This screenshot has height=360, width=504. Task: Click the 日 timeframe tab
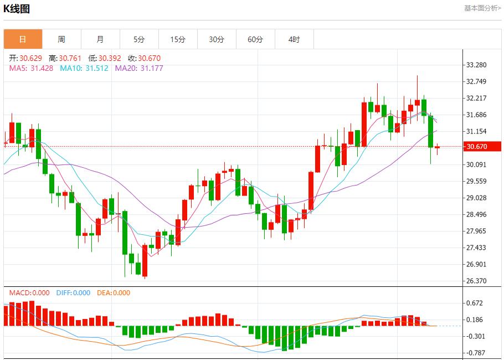pyautogui.click(x=23, y=39)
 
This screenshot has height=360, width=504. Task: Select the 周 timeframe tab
pyautogui.click(x=61, y=39)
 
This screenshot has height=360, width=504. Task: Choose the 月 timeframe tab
pyautogui.click(x=100, y=39)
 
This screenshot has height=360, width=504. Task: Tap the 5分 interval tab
pyautogui.click(x=139, y=39)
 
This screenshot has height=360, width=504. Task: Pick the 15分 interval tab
pyautogui.click(x=178, y=39)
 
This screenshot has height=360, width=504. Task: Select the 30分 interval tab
pyautogui.click(x=217, y=39)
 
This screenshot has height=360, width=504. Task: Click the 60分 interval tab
pyautogui.click(x=255, y=39)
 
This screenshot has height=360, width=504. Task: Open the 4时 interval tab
pyautogui.click(x=294, y=39)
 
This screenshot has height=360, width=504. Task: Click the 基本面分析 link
pyautogui.click(x=482, y=8)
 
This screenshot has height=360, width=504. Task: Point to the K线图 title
pyautogui.click(x=17, y=9)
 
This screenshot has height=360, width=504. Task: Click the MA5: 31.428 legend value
pyautogui.click(x=31, y=68)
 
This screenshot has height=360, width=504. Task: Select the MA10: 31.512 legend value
pyautogui.click(x=84, y=68)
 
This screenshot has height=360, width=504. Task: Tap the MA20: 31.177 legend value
pyautogui.click(x=139, y=68)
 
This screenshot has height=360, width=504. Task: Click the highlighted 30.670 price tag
pyautogui.click(x=477, y=147)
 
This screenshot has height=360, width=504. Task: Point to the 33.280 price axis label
pyautogui.click(x=476, y=65)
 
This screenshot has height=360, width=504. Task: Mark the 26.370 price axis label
pyautogui.click(x=476, y=281)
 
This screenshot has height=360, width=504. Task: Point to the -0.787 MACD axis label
pyautogui.click(x=475, y=353)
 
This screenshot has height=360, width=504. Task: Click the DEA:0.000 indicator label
pyautogui.click(x=114, y=293)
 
